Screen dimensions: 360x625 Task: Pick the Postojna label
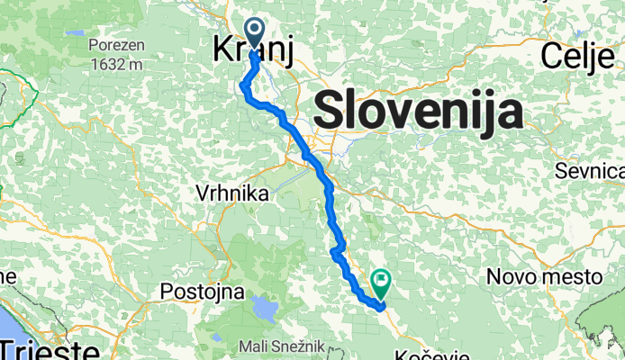tap(191, 292)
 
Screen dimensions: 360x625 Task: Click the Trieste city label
tap(50, 349)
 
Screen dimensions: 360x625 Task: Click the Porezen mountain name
tap(116, 42)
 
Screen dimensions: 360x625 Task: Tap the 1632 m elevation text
tap(116, 64)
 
